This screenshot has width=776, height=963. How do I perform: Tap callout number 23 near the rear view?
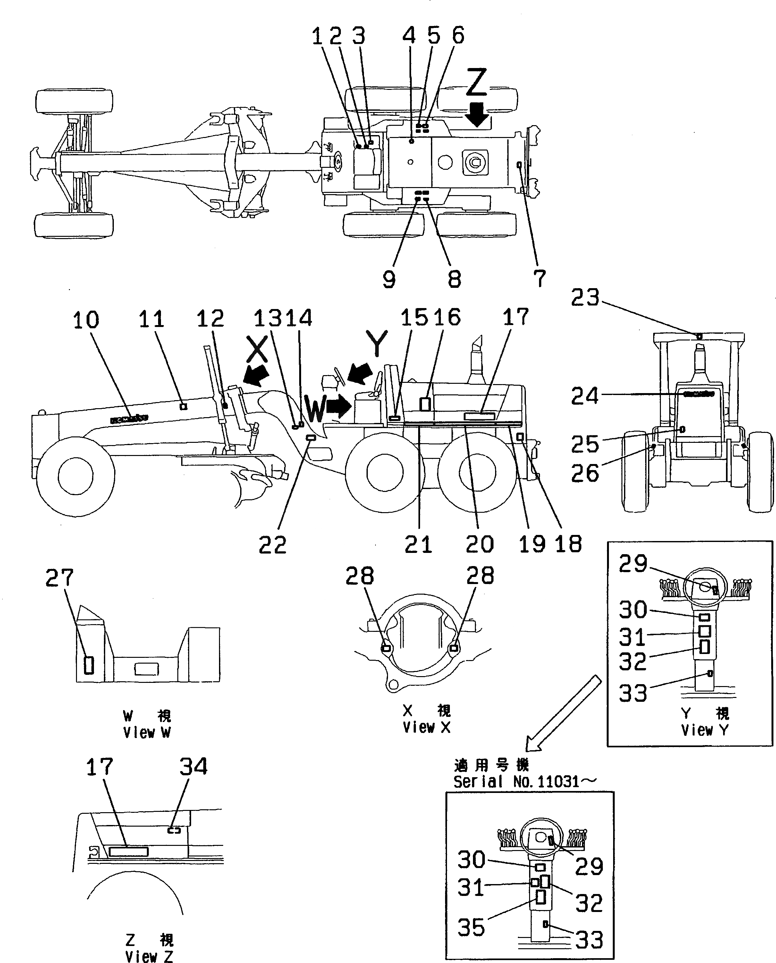pyautogui.click(x=585, y=298)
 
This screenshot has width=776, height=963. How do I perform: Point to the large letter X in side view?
pyautogui.click(x=257, y=349)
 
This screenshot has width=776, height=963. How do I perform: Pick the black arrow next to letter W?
pyautogui.click(x=339, y=406)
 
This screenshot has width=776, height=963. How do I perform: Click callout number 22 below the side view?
pyautogui.click(x=272, y=545)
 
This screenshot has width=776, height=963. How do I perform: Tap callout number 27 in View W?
pyautogui.click(x=59, y=578)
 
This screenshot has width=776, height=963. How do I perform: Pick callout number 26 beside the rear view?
pyautogui.click(x=585, y=473)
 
